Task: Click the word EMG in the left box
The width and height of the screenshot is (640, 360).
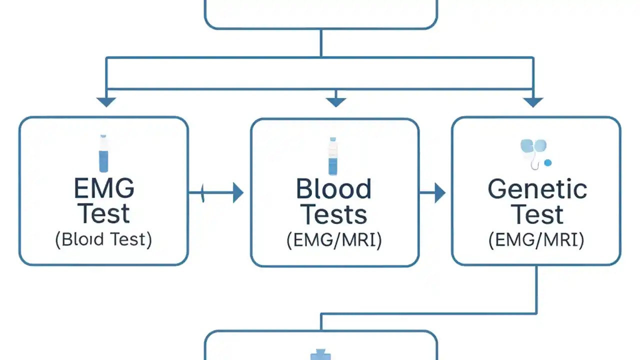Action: (x=104, y=188)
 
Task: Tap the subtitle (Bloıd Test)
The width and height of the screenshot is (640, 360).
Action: (x=103, y=239)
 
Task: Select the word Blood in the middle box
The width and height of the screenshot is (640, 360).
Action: (x=333, y=189)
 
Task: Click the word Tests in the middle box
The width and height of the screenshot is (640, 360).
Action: (x=333, y=214)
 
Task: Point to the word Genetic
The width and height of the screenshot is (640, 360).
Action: (x=537, y=189)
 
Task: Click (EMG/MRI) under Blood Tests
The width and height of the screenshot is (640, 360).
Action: (x=334, y=240)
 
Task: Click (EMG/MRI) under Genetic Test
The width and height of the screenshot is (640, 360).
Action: (x=536, y=240)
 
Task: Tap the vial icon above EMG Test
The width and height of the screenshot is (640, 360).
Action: (x=103, y=153)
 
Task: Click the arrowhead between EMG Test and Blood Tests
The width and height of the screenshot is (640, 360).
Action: (x=238, y=192)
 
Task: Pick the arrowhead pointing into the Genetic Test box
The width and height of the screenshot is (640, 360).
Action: (x=439, y=192)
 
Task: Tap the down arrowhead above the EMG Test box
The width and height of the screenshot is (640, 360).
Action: (x=106, y=102)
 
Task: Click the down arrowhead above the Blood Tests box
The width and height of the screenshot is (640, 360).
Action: (x=335, y=102)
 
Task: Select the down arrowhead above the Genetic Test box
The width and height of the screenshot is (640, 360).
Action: (x=533, y=102)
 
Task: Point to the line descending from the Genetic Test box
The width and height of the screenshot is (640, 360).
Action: (x=536, y=290)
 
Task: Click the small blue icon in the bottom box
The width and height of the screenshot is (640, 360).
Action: (x=320, y=355)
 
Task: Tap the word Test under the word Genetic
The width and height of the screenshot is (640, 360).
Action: (x=537, y=214)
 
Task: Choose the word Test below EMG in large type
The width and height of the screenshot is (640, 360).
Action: (x=104, y=213)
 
